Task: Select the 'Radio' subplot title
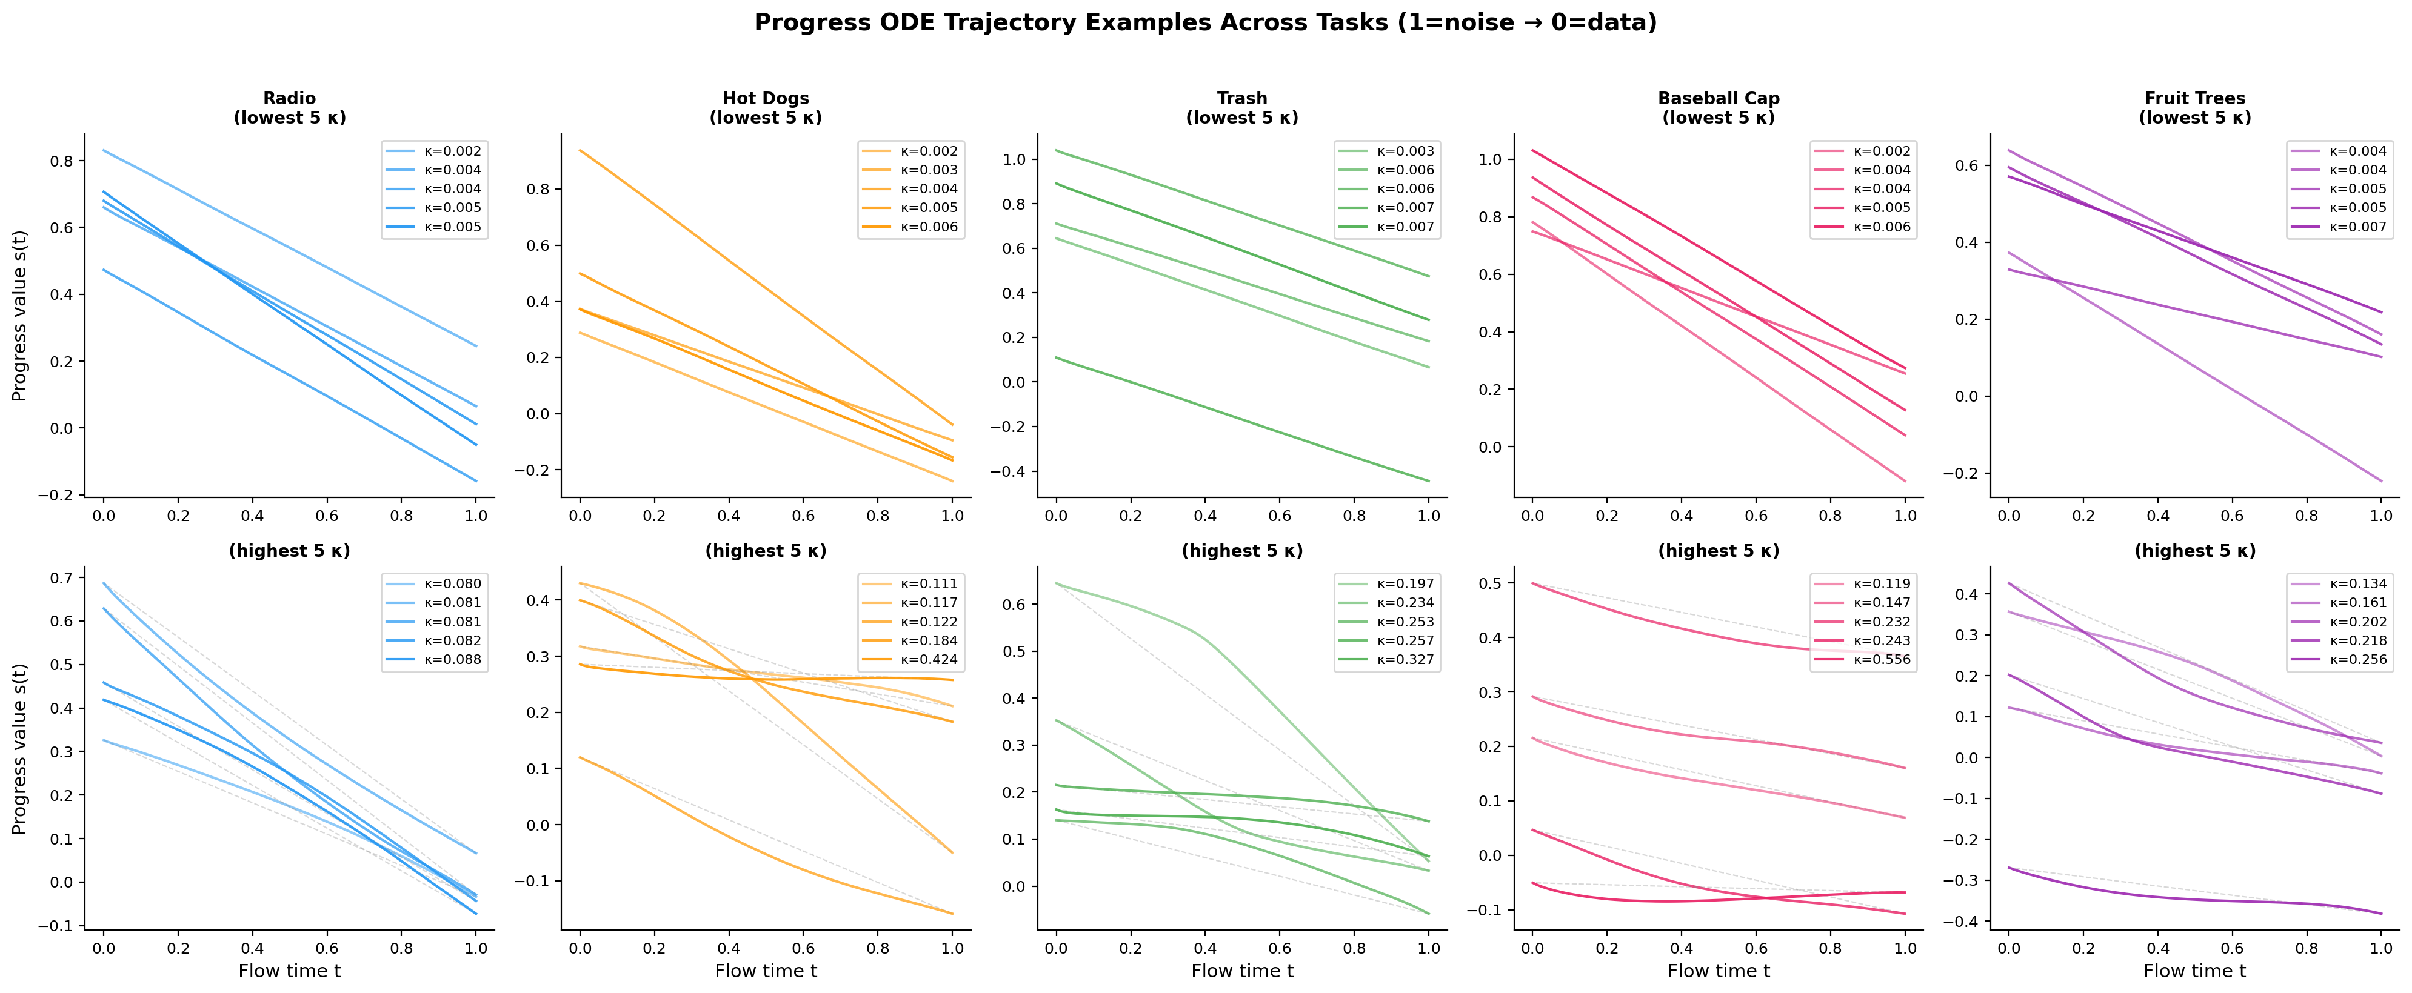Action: coord(289,98)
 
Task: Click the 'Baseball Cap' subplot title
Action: coord(1718,98)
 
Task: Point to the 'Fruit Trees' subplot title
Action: coord(2195,98)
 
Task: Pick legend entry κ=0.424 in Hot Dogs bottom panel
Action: coord(929,660)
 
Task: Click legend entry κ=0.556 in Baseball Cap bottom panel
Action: coord(1882,660)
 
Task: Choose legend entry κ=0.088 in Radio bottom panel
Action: coord(452,660)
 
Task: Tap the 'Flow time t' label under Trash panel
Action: coord(1241,971)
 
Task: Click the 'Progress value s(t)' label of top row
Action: coord(19,316)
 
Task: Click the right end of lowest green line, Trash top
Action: coord(1429,481)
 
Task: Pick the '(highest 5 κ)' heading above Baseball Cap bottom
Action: coord(1718,551)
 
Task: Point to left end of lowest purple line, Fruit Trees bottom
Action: coord(2008,868)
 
